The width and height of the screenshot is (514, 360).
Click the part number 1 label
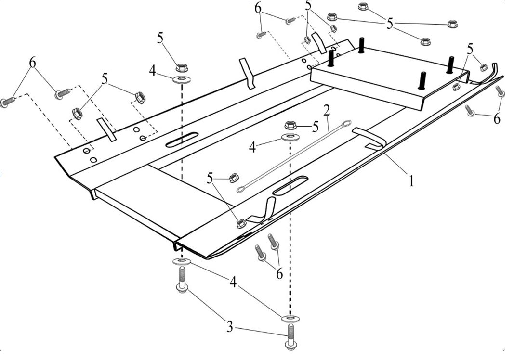(x=411, y=180)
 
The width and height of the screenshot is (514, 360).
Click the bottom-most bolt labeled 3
(x=291, y=335)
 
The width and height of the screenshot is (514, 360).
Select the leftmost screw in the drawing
(x=7, y=102)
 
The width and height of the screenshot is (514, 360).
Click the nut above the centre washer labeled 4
(x=290, y=125)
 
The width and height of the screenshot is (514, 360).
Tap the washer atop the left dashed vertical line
(x=181, y=78)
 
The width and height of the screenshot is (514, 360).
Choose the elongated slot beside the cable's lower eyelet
(x=290, y=185)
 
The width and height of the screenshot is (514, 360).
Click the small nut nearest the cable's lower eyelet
(x=232, y=177)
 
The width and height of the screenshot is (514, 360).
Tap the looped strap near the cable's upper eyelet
(x=371, y=137)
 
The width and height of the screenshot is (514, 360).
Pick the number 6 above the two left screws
(x=32, y=63)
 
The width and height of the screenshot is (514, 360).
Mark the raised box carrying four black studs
(x=390, y=77)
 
